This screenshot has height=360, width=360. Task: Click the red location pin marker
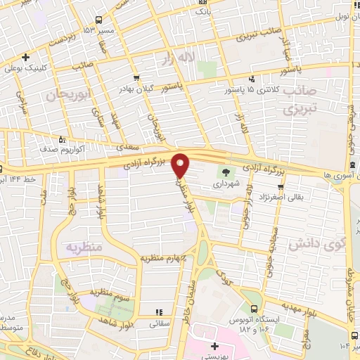click(181, 165)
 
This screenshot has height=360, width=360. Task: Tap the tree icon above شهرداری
click(226, 171)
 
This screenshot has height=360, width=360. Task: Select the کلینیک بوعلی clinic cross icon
click(26, 57)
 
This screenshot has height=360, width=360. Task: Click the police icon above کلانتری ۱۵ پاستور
click(252, 79)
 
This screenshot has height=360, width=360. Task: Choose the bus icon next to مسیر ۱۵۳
click(98, 19)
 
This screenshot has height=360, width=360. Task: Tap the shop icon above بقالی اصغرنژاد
click(281, 186)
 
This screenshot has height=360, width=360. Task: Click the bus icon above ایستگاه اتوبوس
click(254, 307)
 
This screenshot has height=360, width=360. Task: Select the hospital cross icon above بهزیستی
click(214, 347)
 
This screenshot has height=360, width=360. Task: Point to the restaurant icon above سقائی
click(159, 312)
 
